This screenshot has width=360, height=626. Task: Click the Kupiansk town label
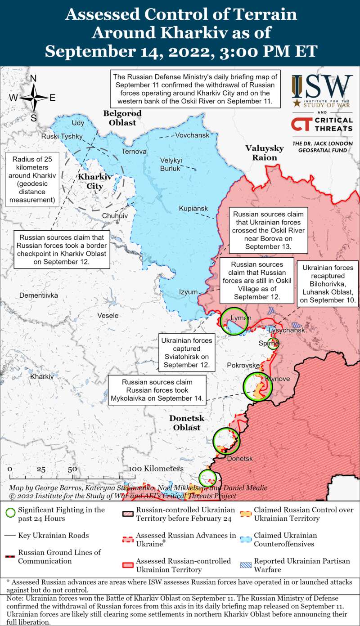[x=193, y=209]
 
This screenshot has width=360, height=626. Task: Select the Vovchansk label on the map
[x=192, y=135]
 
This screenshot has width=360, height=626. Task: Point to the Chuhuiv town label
[x=115, y=216]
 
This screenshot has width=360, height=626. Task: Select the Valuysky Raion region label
[x=264, y=153]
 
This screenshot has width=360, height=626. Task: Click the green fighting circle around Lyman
[x=234, y=321]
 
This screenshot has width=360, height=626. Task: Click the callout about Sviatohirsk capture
[x=186, y=352]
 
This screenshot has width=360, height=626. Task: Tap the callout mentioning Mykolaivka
[x=157, y=390]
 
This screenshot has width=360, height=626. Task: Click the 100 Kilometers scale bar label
[x=156, y=469]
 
